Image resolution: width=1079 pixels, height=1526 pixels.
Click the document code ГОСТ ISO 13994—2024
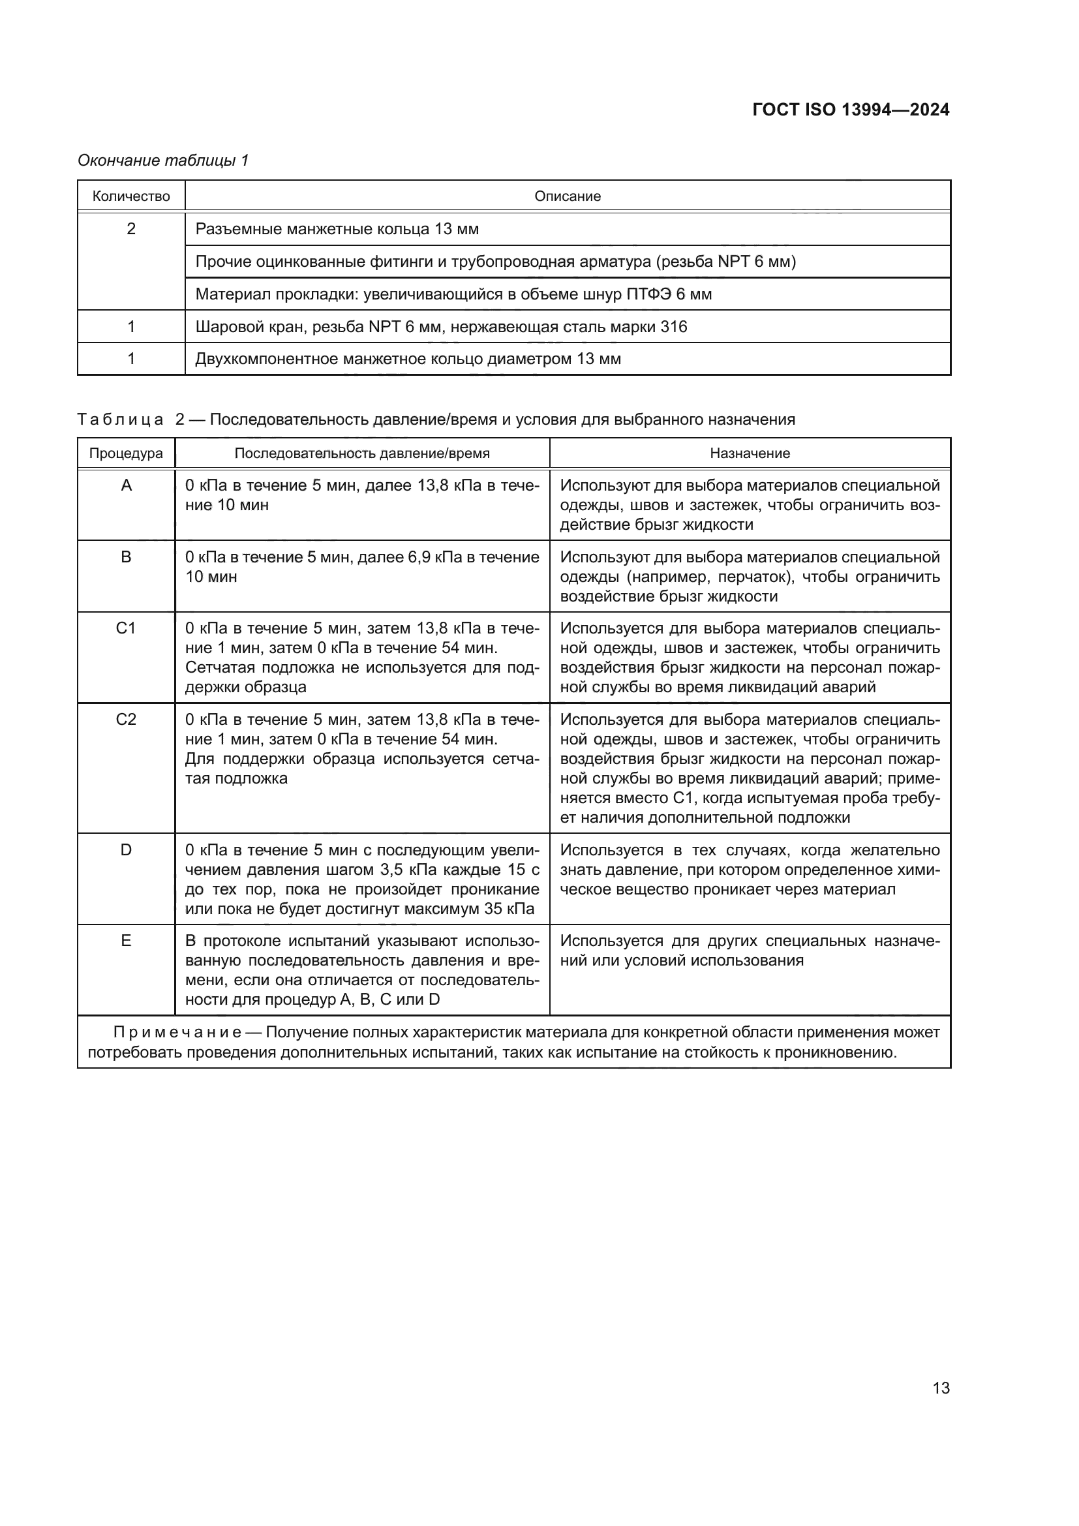tap(851, 110)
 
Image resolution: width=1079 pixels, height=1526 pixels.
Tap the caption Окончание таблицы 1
tap(163, 160)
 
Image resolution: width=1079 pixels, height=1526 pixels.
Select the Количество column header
tap(131, 196)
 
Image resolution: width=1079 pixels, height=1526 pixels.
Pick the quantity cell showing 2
tap(131, 228)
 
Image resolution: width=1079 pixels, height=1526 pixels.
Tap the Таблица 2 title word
tap(120, 420)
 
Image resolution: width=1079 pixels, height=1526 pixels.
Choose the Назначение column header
tap(750, 453)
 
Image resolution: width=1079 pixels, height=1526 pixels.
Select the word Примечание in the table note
tap(177, 1032)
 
